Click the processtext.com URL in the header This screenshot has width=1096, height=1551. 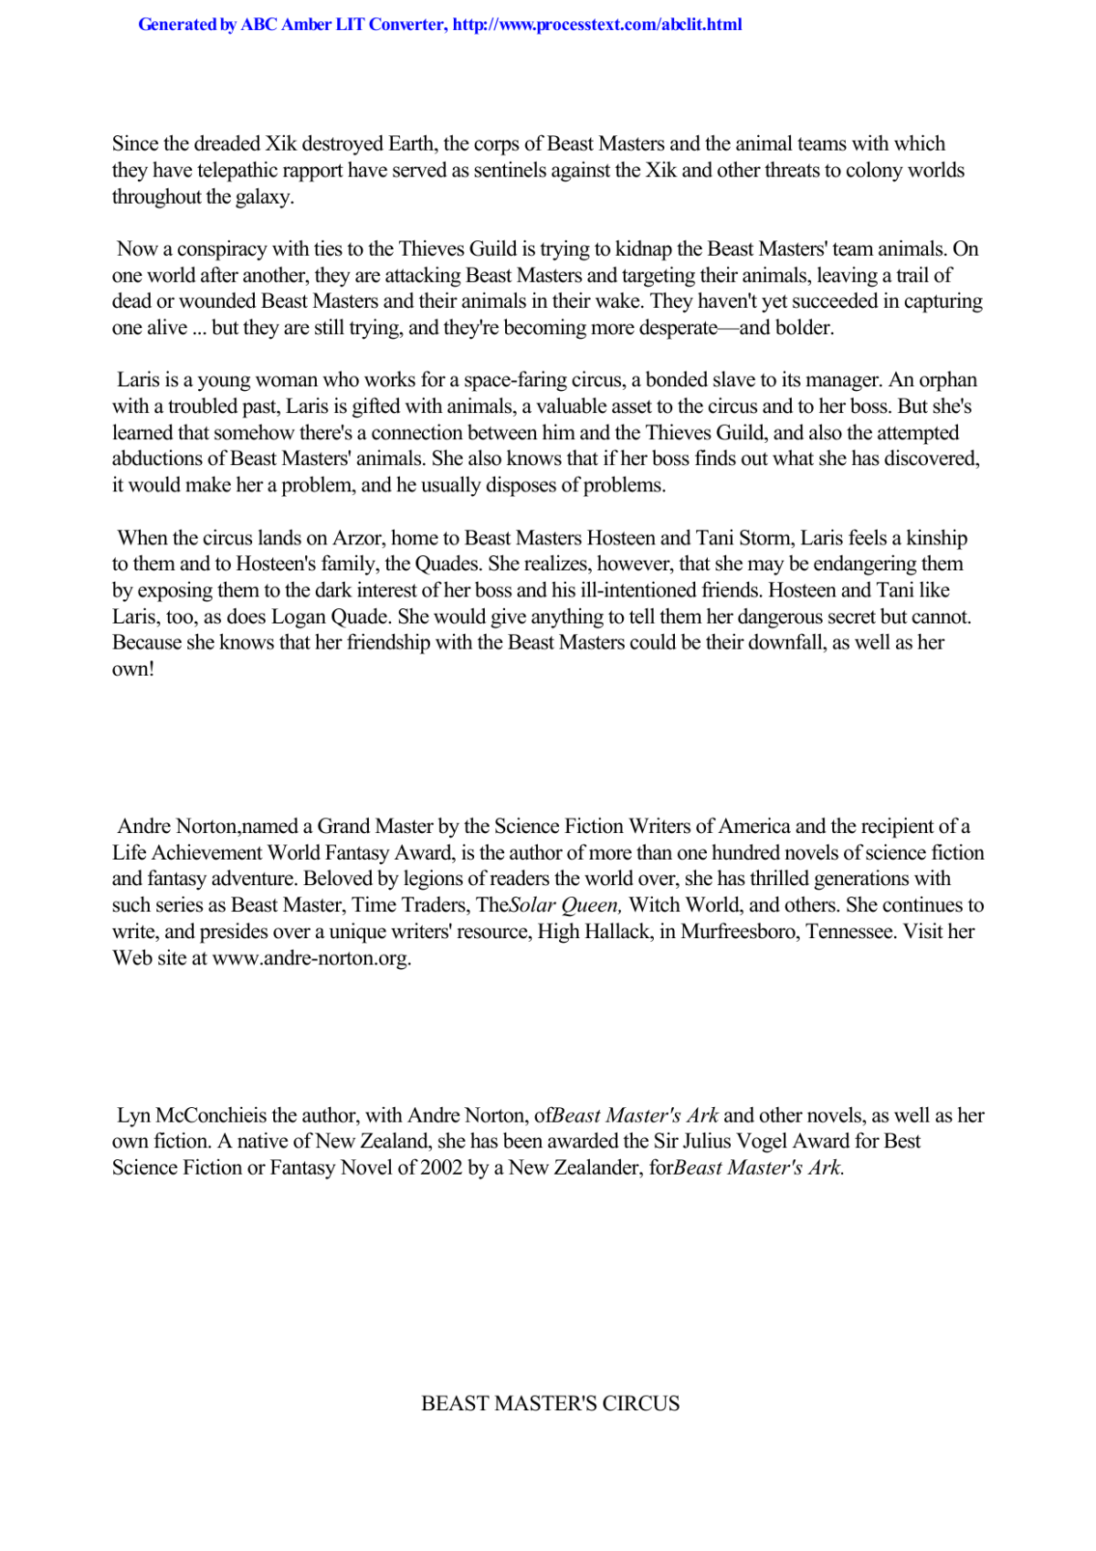tap(596, 25)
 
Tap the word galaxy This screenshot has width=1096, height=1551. tap(264, 197)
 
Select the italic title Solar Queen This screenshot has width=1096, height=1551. tap(564, 905)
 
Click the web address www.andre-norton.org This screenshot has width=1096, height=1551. tap(311, 958)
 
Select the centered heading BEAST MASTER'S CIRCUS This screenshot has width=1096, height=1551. tap(550, 1404)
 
